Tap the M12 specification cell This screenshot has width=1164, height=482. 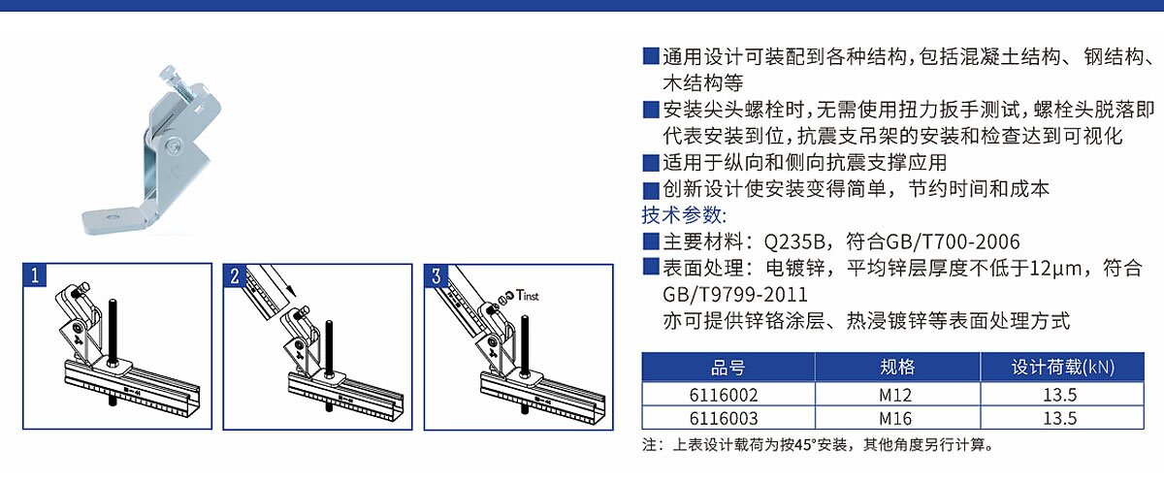(897, 395)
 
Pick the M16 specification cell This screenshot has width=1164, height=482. (897, 418)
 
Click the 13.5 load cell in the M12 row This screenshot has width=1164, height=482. (1061, 395)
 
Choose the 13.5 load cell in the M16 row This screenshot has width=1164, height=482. (1061, 418)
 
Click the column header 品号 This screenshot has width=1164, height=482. (728, 368)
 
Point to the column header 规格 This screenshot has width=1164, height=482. (897, 368)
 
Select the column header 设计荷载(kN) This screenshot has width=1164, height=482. (1063, 368)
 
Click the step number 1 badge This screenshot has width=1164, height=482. (35, 275)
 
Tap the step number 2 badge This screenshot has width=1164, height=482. (235, 275)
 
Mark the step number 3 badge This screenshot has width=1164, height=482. (436, 275)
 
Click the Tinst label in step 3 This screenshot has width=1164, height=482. (528, 296)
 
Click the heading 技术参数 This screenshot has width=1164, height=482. (684, 215)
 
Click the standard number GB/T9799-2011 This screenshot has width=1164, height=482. (735, 295)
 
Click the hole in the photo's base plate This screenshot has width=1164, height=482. (113, 216)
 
